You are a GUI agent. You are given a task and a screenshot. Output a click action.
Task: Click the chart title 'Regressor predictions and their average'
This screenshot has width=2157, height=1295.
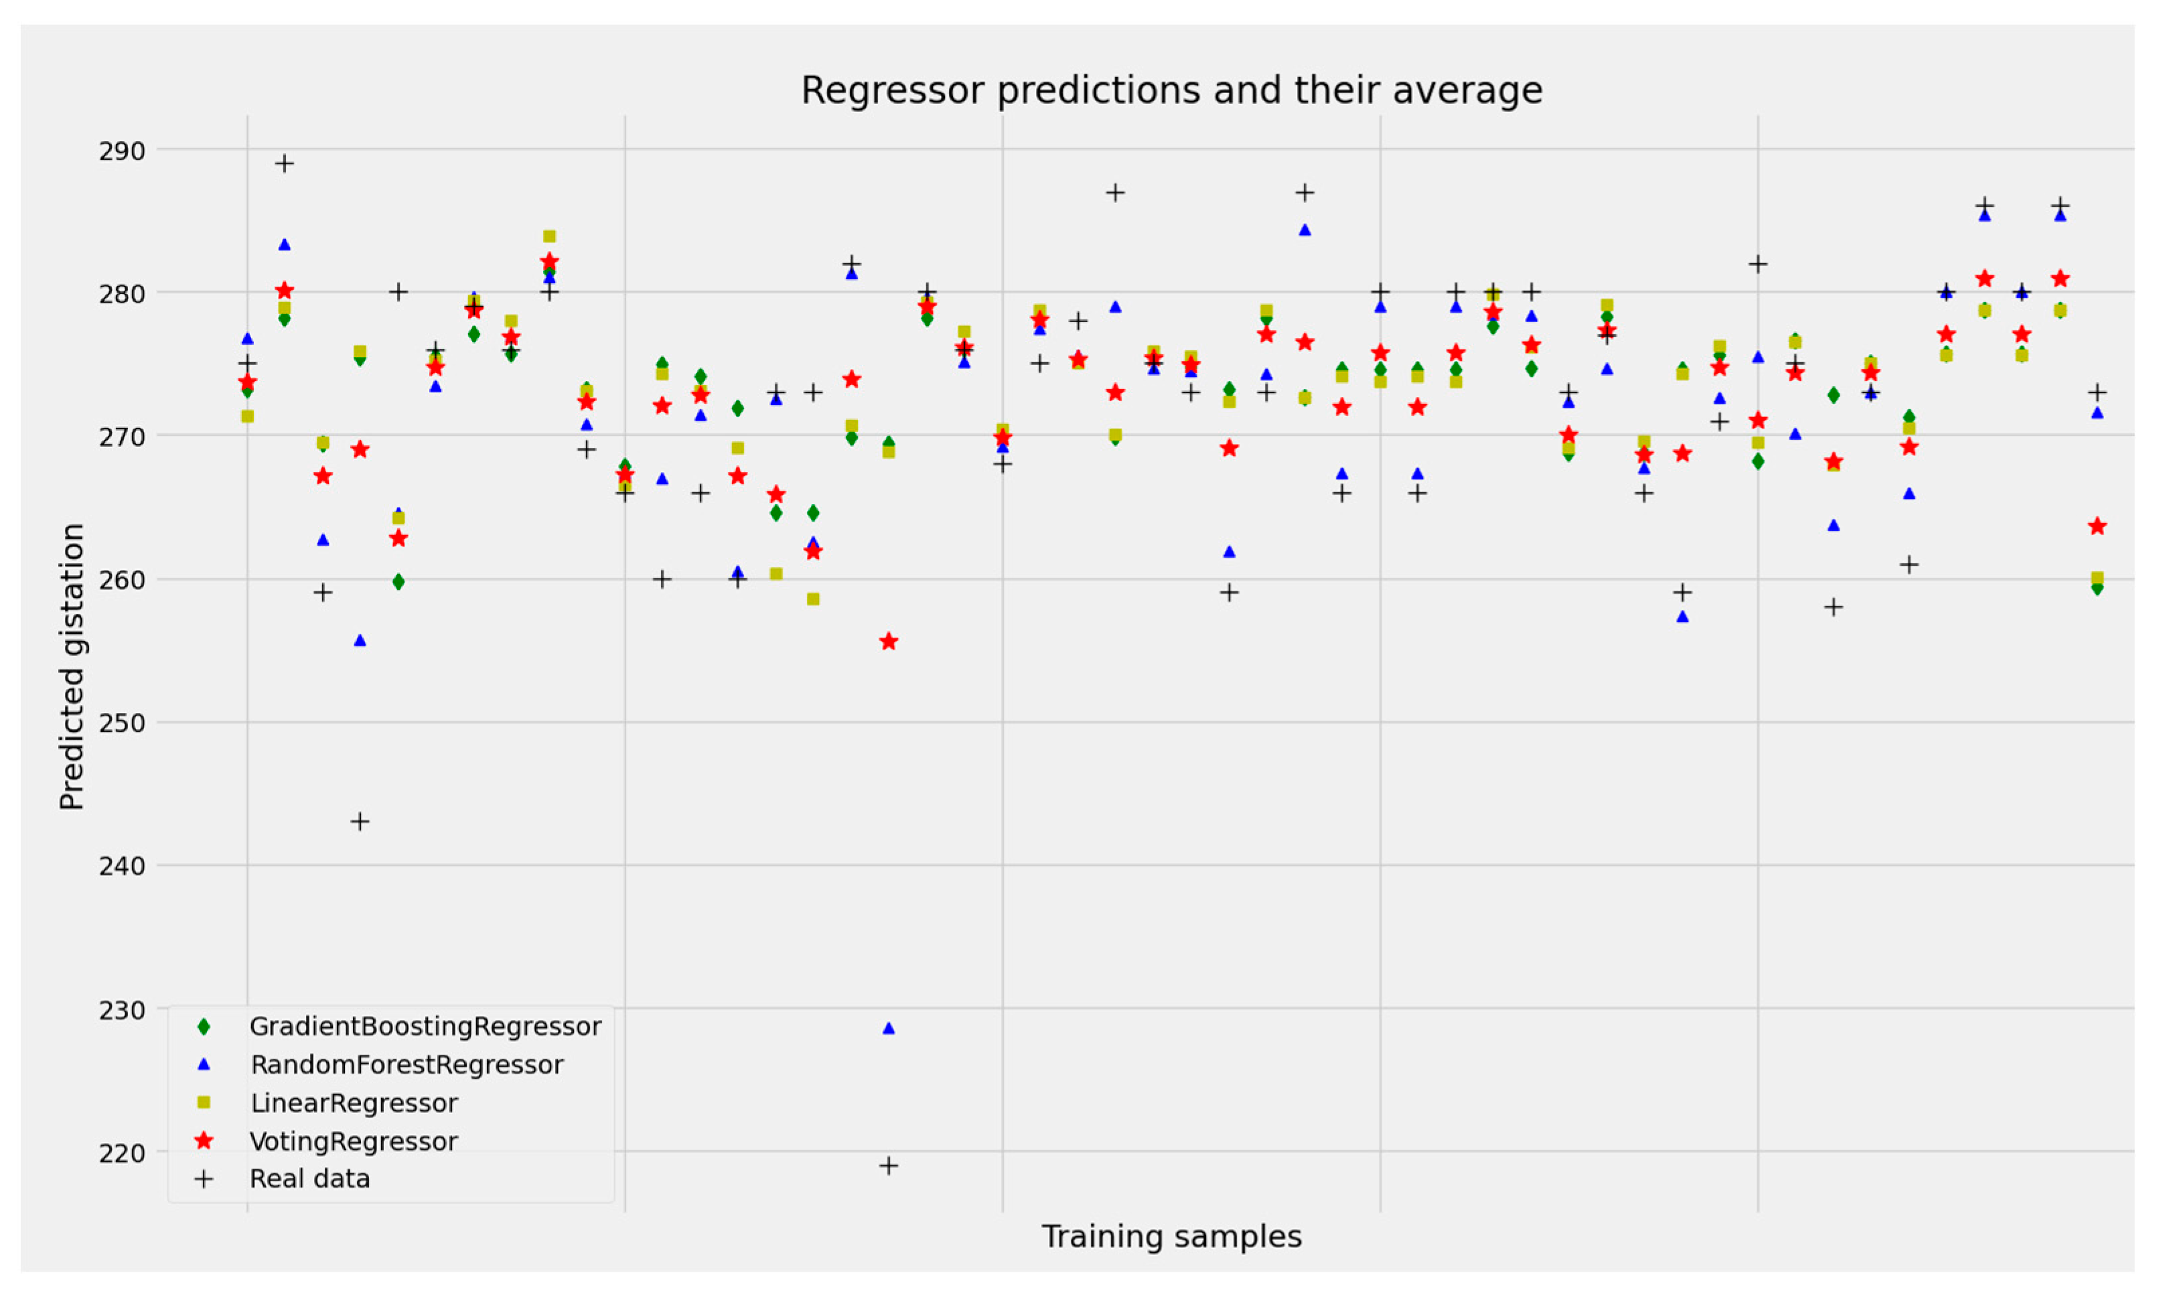(x=1171, y=91)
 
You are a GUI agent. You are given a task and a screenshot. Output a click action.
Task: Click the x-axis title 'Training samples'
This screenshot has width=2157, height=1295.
(x=1171, y=1237)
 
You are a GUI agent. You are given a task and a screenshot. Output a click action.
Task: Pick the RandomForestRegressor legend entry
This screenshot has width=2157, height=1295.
(x=406, y=1065)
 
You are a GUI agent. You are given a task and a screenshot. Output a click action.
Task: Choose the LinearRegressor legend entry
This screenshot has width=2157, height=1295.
(x=354, y=1103)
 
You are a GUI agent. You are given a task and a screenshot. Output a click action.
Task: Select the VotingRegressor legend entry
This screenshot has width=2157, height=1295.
(x=354, y=1142)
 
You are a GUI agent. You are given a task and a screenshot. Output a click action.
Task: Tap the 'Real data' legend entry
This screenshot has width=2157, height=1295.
(x=310, y=1179)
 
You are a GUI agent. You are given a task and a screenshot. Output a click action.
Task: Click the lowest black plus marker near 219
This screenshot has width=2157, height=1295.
(x=888, y=1166)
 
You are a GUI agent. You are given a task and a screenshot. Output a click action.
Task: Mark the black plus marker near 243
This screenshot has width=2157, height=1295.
(x=360, y=821)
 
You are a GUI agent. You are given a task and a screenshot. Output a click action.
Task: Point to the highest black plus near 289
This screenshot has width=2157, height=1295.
(x=285, y=163)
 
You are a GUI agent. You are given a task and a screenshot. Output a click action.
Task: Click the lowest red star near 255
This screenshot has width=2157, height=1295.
(x=888, y=642)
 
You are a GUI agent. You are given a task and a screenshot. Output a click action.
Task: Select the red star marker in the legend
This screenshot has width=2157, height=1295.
(x=204, y=1142)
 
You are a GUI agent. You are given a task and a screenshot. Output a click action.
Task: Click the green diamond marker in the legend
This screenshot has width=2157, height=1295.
(x=204, y=1026)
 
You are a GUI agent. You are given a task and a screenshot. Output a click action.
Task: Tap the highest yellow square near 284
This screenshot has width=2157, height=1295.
(x=549, y=236)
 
